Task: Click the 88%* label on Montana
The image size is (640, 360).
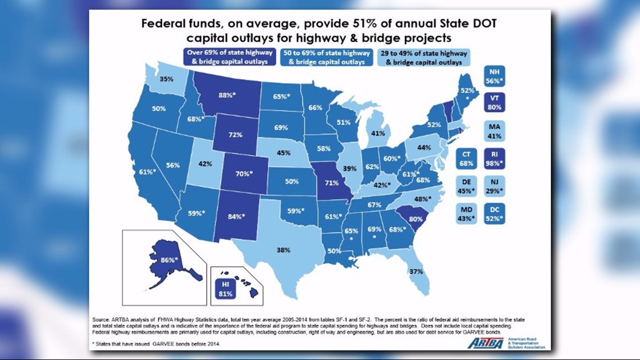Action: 227,95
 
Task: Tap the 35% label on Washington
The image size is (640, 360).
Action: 166,79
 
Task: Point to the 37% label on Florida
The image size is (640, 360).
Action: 415,272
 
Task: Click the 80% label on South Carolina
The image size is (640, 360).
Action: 416,219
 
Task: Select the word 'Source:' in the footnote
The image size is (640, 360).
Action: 103,319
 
